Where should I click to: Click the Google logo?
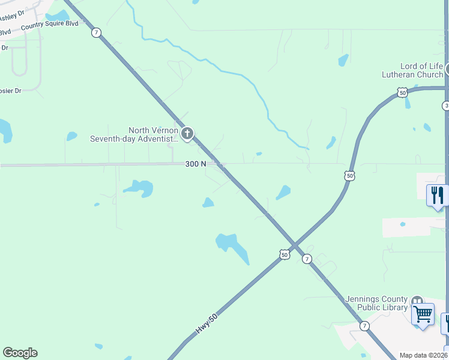click(20, 353)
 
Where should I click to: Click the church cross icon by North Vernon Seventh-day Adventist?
click(187, 133)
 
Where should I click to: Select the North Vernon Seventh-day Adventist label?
click(134, 134)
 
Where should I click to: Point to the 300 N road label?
click(196, 164)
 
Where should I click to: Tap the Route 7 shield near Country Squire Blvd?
click(96, 32)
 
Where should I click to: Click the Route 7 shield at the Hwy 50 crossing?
click(307, 259)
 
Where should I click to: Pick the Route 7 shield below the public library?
click(364, 325)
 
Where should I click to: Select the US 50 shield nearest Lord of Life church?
click(402, 92)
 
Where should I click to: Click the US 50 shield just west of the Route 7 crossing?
click(284, 254)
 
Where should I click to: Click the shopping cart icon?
click(423, 314)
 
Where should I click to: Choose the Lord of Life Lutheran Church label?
click(413, 70)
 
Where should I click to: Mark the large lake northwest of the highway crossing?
click(232, 245)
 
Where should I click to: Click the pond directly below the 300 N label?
click(208, 203)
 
